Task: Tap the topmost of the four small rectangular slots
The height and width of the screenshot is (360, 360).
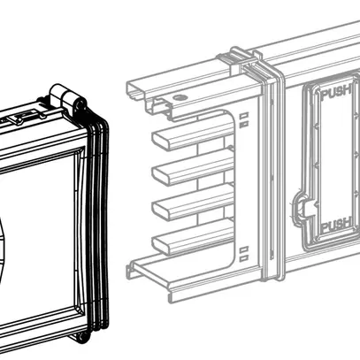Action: pos(244,116)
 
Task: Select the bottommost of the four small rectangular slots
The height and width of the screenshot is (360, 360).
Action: pos(244,259)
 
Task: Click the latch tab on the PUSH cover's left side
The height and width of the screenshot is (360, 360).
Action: pos(301,208)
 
